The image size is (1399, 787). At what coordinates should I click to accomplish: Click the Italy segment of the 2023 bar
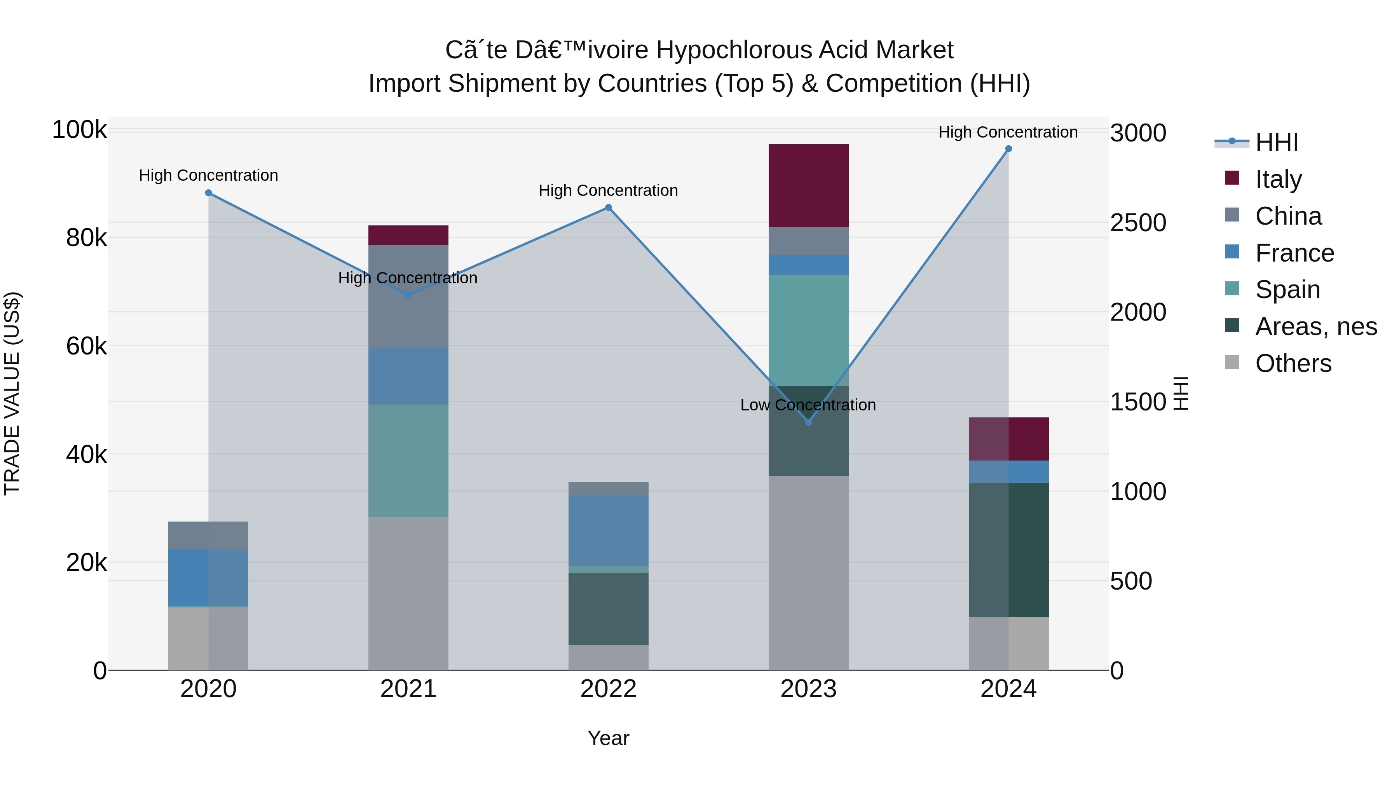[x=808, y=185]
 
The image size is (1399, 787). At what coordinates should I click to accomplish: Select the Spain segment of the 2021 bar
[x=408, y=460]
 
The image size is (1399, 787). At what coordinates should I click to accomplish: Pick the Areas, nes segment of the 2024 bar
[x=1008, y=549]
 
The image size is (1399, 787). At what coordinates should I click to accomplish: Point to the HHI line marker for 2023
[x=808, y=422]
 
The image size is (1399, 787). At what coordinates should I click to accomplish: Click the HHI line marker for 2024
[x=1008, y=149]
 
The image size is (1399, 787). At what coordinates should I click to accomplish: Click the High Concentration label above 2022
[x=608, y=191]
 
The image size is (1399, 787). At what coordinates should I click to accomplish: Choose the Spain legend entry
[x=1287, y=290]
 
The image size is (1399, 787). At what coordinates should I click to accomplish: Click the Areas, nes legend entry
[x=1315, y=326]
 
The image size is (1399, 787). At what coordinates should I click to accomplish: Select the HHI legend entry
[x=1276, y=142]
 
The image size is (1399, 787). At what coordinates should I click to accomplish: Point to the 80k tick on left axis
[x=86, y=238]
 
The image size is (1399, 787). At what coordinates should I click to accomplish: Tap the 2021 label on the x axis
[x=408, y=689]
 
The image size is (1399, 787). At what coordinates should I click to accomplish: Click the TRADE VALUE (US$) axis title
[x=12, y=393]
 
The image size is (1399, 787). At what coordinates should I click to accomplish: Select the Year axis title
[x=608, y=738]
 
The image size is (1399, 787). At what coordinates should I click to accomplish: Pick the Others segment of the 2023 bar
[x=808, y=572]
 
